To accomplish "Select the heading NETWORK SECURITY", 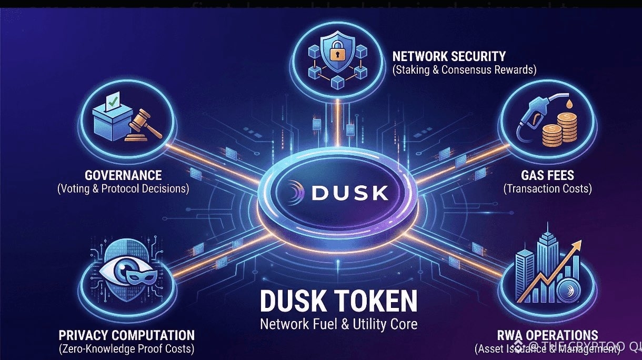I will (x=449, y=56).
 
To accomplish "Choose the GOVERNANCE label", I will (x=123, y=175).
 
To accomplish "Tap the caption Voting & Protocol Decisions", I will (x=123, y=188).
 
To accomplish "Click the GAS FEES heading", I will (x=547, y=175).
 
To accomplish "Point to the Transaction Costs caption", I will (x=547, y=188).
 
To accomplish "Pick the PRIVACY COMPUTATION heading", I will (x=126, y=335).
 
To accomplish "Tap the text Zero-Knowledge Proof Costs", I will (x=126, y=348).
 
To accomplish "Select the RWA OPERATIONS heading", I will (x=547, y=335).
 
